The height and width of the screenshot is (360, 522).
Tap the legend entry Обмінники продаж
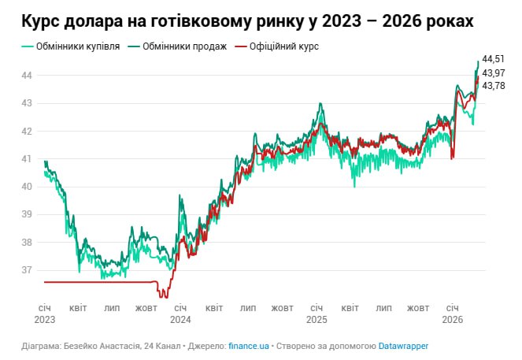(175, 46)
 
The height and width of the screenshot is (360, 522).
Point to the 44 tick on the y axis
(26, 75)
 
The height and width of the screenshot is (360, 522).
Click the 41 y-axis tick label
(26, 158)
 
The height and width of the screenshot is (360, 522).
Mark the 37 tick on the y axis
(26, 270)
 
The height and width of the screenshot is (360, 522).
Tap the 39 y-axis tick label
(26, 214)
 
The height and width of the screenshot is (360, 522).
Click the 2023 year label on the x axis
(44, 320)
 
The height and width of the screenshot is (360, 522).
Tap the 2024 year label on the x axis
(180, 320)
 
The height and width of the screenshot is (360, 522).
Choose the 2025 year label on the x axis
(316, 320)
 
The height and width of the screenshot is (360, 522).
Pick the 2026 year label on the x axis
(452, 320)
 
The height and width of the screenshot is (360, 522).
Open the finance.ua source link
(250, 346)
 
